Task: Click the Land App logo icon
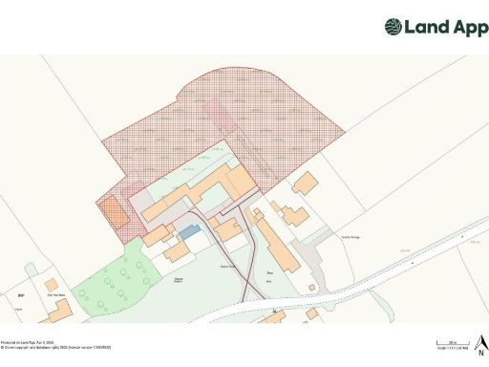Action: pyautogui.click(x=393, y=27)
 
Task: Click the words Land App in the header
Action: pyautogui.click(x=438, y=27)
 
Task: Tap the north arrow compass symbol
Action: pyautogui.click(x=482, y=338)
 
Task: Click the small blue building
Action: pyautogui.click(x=190, y=231)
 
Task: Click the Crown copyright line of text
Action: pyautogui.click(x=56, y=347)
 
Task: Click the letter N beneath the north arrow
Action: pyautogui.click(x=482, y=349)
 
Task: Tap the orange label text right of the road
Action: pyautogui.click(x=405, y=250)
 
